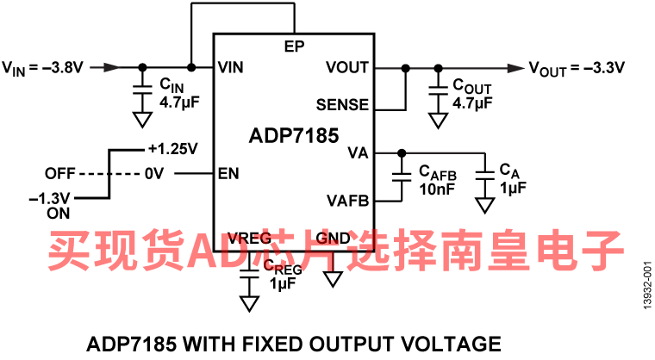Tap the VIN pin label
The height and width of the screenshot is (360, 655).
(230, 67)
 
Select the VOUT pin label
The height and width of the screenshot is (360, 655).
(347, 67)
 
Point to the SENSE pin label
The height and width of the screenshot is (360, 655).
(342, 106)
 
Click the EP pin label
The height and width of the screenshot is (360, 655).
(294, 46)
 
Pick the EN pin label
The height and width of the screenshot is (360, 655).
(228, 173)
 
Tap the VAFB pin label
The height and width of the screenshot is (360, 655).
(348, 201)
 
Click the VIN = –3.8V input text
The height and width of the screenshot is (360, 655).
(42, 67)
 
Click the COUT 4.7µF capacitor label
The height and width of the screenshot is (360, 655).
(471, 93)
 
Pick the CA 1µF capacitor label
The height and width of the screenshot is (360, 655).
(512, 179)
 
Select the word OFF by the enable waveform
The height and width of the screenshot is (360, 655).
(61, 173)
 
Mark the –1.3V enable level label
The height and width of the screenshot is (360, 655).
(47, 199)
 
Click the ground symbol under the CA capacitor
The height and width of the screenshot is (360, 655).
(485, 205)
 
